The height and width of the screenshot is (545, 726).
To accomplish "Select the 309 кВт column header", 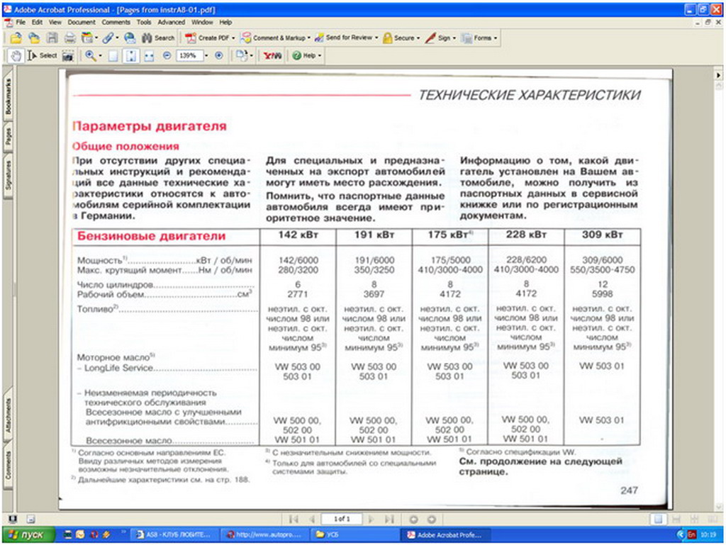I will (x=602, y=235).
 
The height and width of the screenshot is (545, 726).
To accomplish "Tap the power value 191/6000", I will (x=374, y=260).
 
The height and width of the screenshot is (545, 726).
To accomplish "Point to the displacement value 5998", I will (x=602, y=293).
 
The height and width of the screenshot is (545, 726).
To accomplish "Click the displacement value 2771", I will (x=297, y=293).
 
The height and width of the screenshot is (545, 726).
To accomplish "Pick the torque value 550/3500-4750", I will (x=602, y=270).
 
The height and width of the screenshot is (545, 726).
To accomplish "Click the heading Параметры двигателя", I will (x=150, y=126).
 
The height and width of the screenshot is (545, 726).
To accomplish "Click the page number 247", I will (x=629, y=490).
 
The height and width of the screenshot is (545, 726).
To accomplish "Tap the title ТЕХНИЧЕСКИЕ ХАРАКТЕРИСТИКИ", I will (x=530, y=95).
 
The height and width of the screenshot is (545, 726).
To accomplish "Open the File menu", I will (x=21, y=23).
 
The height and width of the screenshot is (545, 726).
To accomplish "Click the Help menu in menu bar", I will (x=225, y=23).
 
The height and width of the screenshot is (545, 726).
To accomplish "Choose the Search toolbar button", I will (x=159, y=38).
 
